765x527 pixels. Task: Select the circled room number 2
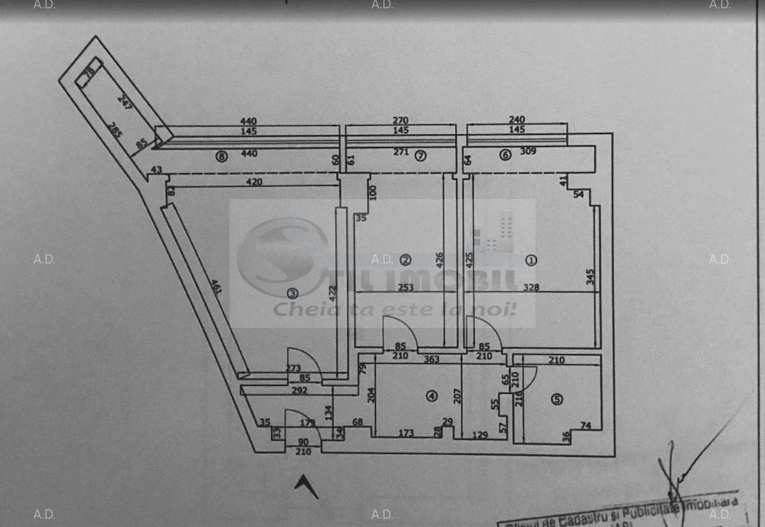405,260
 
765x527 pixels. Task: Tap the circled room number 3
292,293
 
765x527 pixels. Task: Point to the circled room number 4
432,396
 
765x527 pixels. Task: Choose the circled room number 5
557,399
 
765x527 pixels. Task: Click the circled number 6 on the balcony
505,154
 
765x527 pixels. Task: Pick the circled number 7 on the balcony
420,156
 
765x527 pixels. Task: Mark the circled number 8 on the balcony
221,156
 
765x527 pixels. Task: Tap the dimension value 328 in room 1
531,288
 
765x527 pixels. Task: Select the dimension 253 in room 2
405,288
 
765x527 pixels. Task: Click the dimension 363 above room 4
432,359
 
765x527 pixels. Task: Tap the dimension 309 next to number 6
528,152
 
